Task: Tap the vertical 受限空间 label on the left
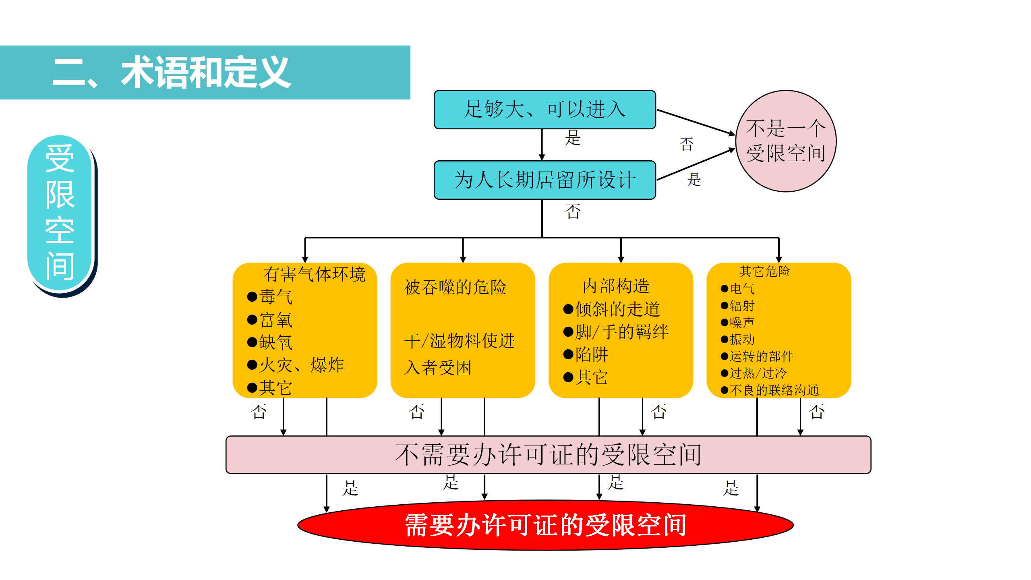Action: pyautogui.click(x=60, y=212)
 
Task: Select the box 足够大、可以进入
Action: pyautogui.click(x=544, y=110)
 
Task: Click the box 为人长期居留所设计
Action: pyautogui.click(x=544, y=180)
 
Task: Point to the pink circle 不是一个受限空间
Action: pyautogui.click(x=786, y=141)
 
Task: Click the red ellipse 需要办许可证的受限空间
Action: pyautogui.click(x=545, y=525)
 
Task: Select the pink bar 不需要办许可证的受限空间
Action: pyautogui.click(x=548, y=455)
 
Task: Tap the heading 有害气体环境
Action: pyautogui.click(x=314, y=274)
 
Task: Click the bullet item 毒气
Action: pyautogui.click(x=270, y=297)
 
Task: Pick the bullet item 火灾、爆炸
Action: pyautogui.click(x=296, y=365)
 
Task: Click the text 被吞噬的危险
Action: pyautogui.click(x=455, y=287)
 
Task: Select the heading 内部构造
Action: pyautogui.click(x=616, y=286)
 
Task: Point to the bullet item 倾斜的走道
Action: pyautogui.click(x=611, y=309)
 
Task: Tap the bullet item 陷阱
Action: pyautogui.click(x=586, y=354)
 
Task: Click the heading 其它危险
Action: pyautogui.click(x=765, y=271)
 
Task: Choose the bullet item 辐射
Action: pyautogui.click(x=738, y=306)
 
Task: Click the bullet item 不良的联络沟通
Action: pyautogui.click(x=770, y=390)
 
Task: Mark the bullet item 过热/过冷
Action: pyautogui.click(x=754, y=373)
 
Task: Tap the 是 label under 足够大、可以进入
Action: pyautogui.click(x=572, y=138)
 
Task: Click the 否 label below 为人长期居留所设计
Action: pyautogui.click(x=573, y=211)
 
